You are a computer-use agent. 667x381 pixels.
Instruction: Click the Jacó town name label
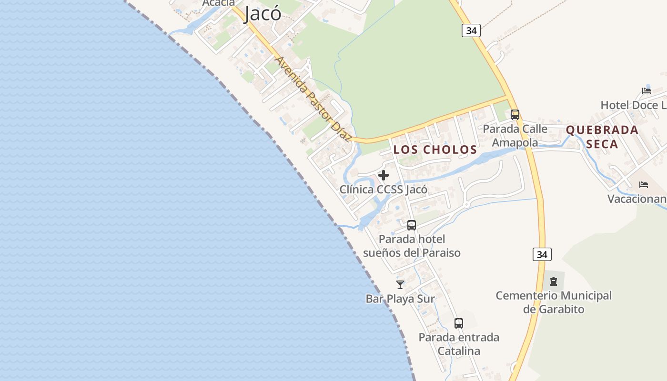pos(263,14)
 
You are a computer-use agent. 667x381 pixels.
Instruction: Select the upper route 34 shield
pos(471,30)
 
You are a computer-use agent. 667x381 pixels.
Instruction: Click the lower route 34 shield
pos(542,254)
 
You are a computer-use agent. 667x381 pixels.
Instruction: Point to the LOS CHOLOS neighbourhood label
pos(435,150)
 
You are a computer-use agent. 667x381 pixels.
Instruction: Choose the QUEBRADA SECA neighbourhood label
pos(602,137)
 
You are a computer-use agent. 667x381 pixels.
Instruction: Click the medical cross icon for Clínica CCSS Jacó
pos(383,175)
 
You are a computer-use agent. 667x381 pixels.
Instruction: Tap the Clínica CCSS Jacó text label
pos(383,190)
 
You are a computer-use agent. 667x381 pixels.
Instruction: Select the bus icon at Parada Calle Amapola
pos(515,115)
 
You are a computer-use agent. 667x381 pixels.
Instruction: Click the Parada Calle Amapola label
pos(515,136)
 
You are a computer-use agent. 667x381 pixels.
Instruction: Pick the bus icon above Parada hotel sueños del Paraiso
pos(411,225)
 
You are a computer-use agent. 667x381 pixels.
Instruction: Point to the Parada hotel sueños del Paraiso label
pos(412,246)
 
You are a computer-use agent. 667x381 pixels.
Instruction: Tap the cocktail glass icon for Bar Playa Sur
pos(400,285)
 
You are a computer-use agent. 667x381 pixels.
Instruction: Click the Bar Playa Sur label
pos(400,299)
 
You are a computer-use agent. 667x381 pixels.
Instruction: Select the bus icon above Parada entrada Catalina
pos(458,323)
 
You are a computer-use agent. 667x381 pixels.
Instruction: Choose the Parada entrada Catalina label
pos(459,344)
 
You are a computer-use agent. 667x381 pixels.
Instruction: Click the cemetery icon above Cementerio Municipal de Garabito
pos(554,281)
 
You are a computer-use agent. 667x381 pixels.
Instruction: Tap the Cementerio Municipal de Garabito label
pos(554,302)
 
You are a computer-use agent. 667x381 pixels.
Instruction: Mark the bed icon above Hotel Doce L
pos(646,91)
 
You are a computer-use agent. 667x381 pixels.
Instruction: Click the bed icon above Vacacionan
pos(644,185)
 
